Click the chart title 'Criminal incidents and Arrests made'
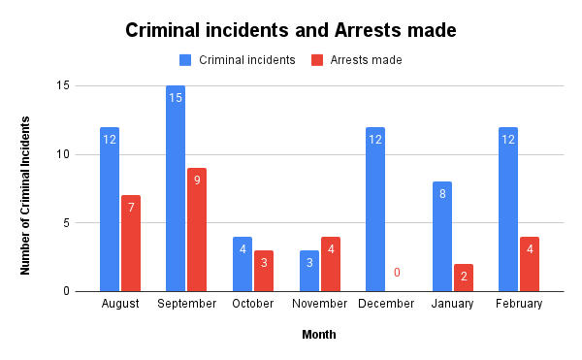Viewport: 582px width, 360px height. tap(290, 30)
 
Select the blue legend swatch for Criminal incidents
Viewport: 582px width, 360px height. tap(185, 60)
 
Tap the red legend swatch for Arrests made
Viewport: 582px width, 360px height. tap(317, 60)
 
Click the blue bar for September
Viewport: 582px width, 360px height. tap(176, 188)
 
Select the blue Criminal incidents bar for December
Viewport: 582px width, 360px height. tap(375, 209)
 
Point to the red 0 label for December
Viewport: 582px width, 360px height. tap(397, 273)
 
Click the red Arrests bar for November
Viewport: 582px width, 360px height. tap(331, 263)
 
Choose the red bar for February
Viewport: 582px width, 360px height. tap(530, 263)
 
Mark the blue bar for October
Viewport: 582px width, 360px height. tap(242, 263)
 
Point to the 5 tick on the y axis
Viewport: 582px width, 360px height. tap(65, 222)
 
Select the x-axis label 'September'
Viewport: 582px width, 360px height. tap(187, 303)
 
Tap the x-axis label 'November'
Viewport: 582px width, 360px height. tap(320, 303)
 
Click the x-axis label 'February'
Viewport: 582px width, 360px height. tap(519, 303)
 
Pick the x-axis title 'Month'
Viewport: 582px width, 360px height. tap(319, 335)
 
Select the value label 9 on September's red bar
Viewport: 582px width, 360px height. tap(197, 180)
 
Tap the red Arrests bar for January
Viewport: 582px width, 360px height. tap(464, 277)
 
